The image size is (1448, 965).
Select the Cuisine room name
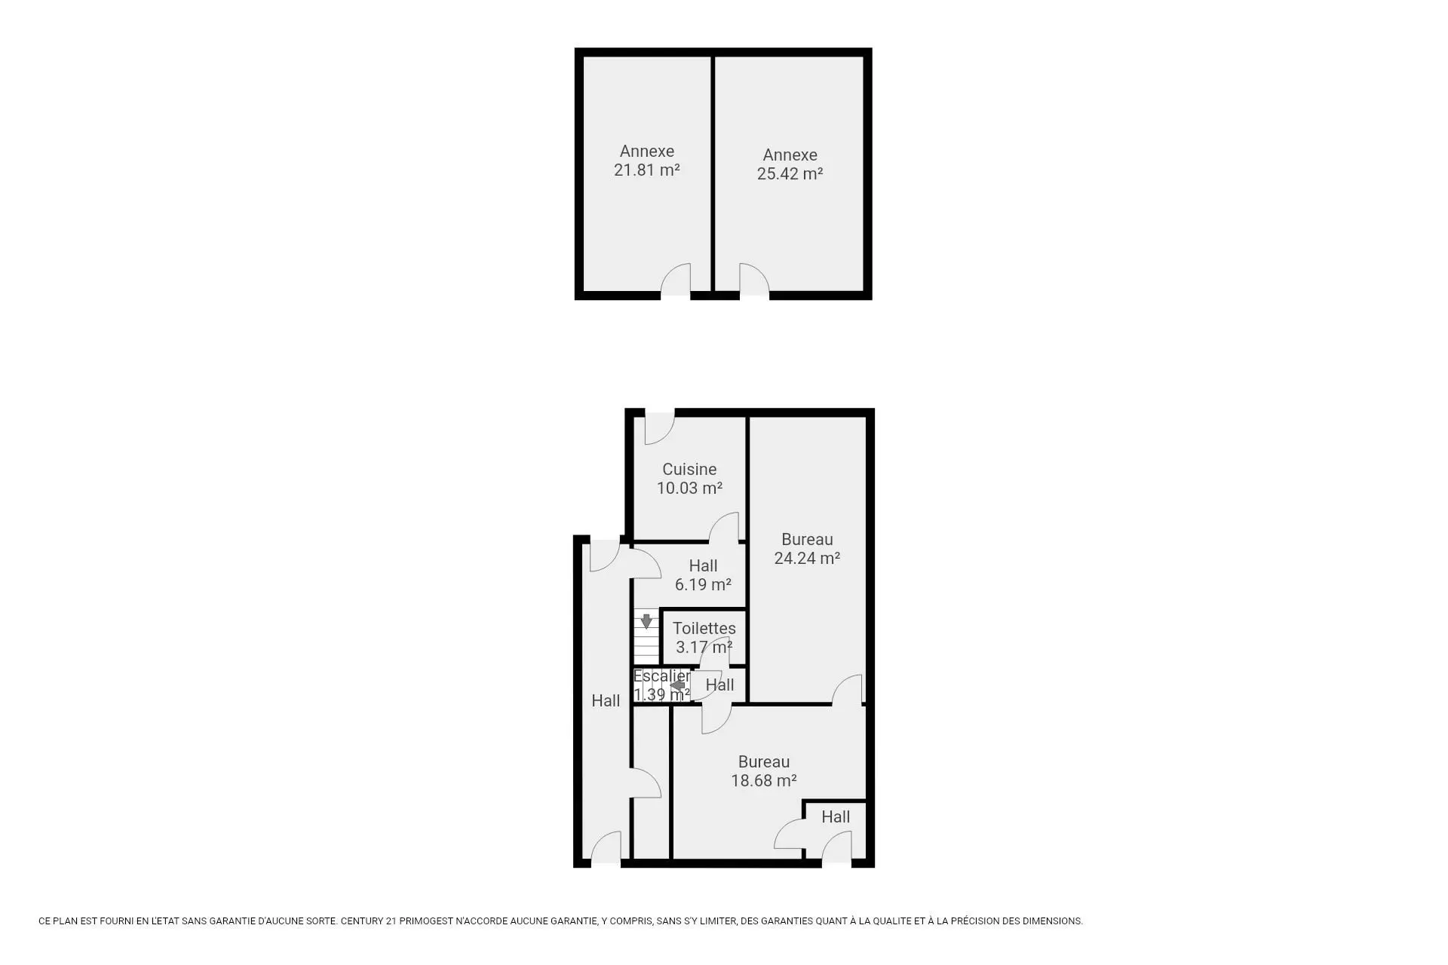click(x=689, y=469)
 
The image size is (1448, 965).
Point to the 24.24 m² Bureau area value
click(x=807, y=558)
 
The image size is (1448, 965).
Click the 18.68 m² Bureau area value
click(x=764, y=780)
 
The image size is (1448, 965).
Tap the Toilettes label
click(x=704, y=628)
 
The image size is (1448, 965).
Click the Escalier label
click(x=661, y=676)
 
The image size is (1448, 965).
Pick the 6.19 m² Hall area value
click(x=703, y=584)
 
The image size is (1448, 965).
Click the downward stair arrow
click(x=646, y=621)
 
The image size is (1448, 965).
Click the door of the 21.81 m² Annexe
click(x=676, y=280)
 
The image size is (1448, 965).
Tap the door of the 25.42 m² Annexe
click(x=754, y=280)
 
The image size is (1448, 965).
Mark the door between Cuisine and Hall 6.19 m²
click(x=724, y=527)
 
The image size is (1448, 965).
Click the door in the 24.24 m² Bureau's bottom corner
click(x=847, y=690)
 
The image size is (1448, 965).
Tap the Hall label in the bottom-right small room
click(x=836, y=816)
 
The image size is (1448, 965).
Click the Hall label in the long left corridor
click(x=606, y=700)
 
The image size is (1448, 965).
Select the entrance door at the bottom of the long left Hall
click(x=606, y=847)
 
